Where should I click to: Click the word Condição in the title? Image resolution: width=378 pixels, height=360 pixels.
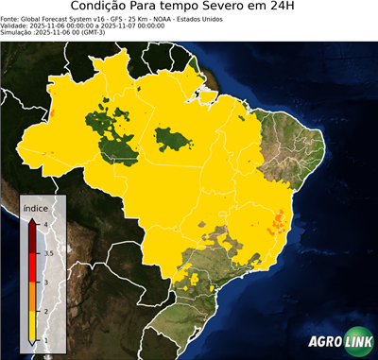point(109,8)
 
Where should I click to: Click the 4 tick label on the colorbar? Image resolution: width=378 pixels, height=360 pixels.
point(45,224)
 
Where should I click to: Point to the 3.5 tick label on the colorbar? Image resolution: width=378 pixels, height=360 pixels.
point(47,253)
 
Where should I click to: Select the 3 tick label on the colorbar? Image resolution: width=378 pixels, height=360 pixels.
point(45,282)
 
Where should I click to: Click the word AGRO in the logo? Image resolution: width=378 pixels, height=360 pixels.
point(324,343)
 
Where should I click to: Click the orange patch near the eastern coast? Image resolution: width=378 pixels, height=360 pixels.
point(278,223)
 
